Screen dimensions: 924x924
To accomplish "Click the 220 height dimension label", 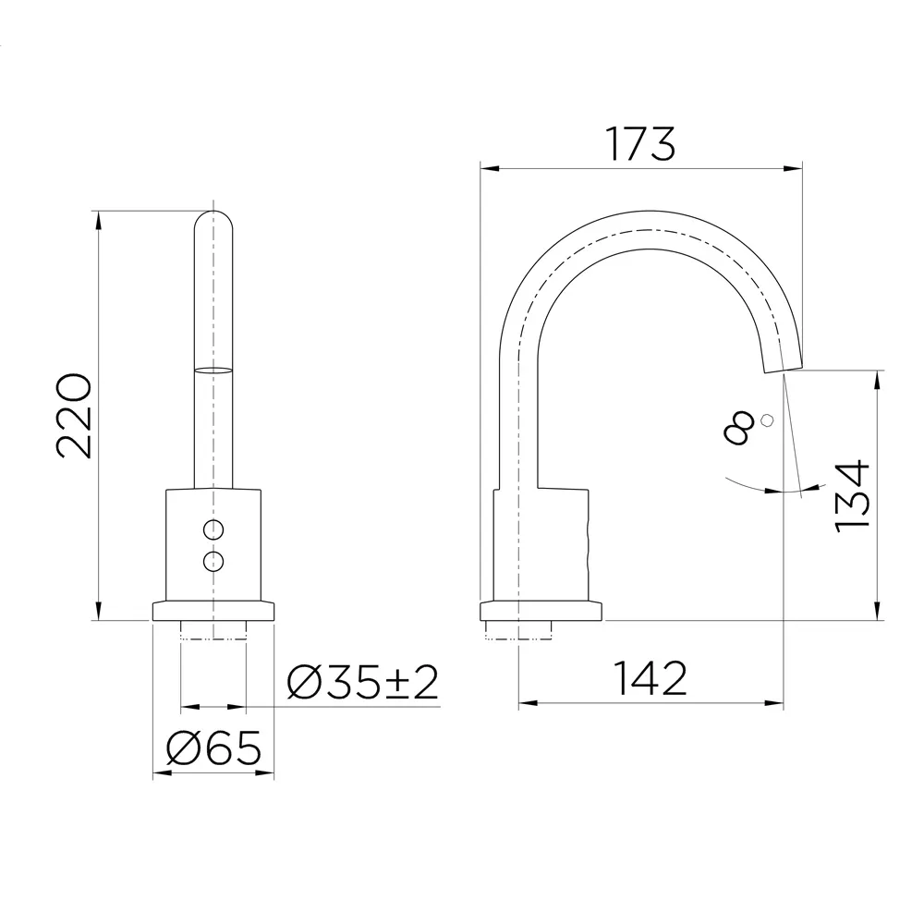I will click(74, 416).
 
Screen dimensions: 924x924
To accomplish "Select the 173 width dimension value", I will click(640, 143).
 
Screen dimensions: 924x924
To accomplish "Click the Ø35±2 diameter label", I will click(362, 683).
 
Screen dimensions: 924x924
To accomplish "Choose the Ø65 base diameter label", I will click(213, 748).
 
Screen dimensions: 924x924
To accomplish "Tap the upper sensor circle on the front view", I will click(213, 529).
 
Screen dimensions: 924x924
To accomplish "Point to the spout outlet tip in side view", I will click(783, 369).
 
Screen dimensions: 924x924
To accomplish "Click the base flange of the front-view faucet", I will click(213, 611).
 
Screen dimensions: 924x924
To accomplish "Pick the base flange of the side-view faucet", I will click(540, 611).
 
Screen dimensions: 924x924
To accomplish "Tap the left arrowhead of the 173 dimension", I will click(488, 168).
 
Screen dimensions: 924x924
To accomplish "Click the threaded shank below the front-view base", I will click(213, 630).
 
